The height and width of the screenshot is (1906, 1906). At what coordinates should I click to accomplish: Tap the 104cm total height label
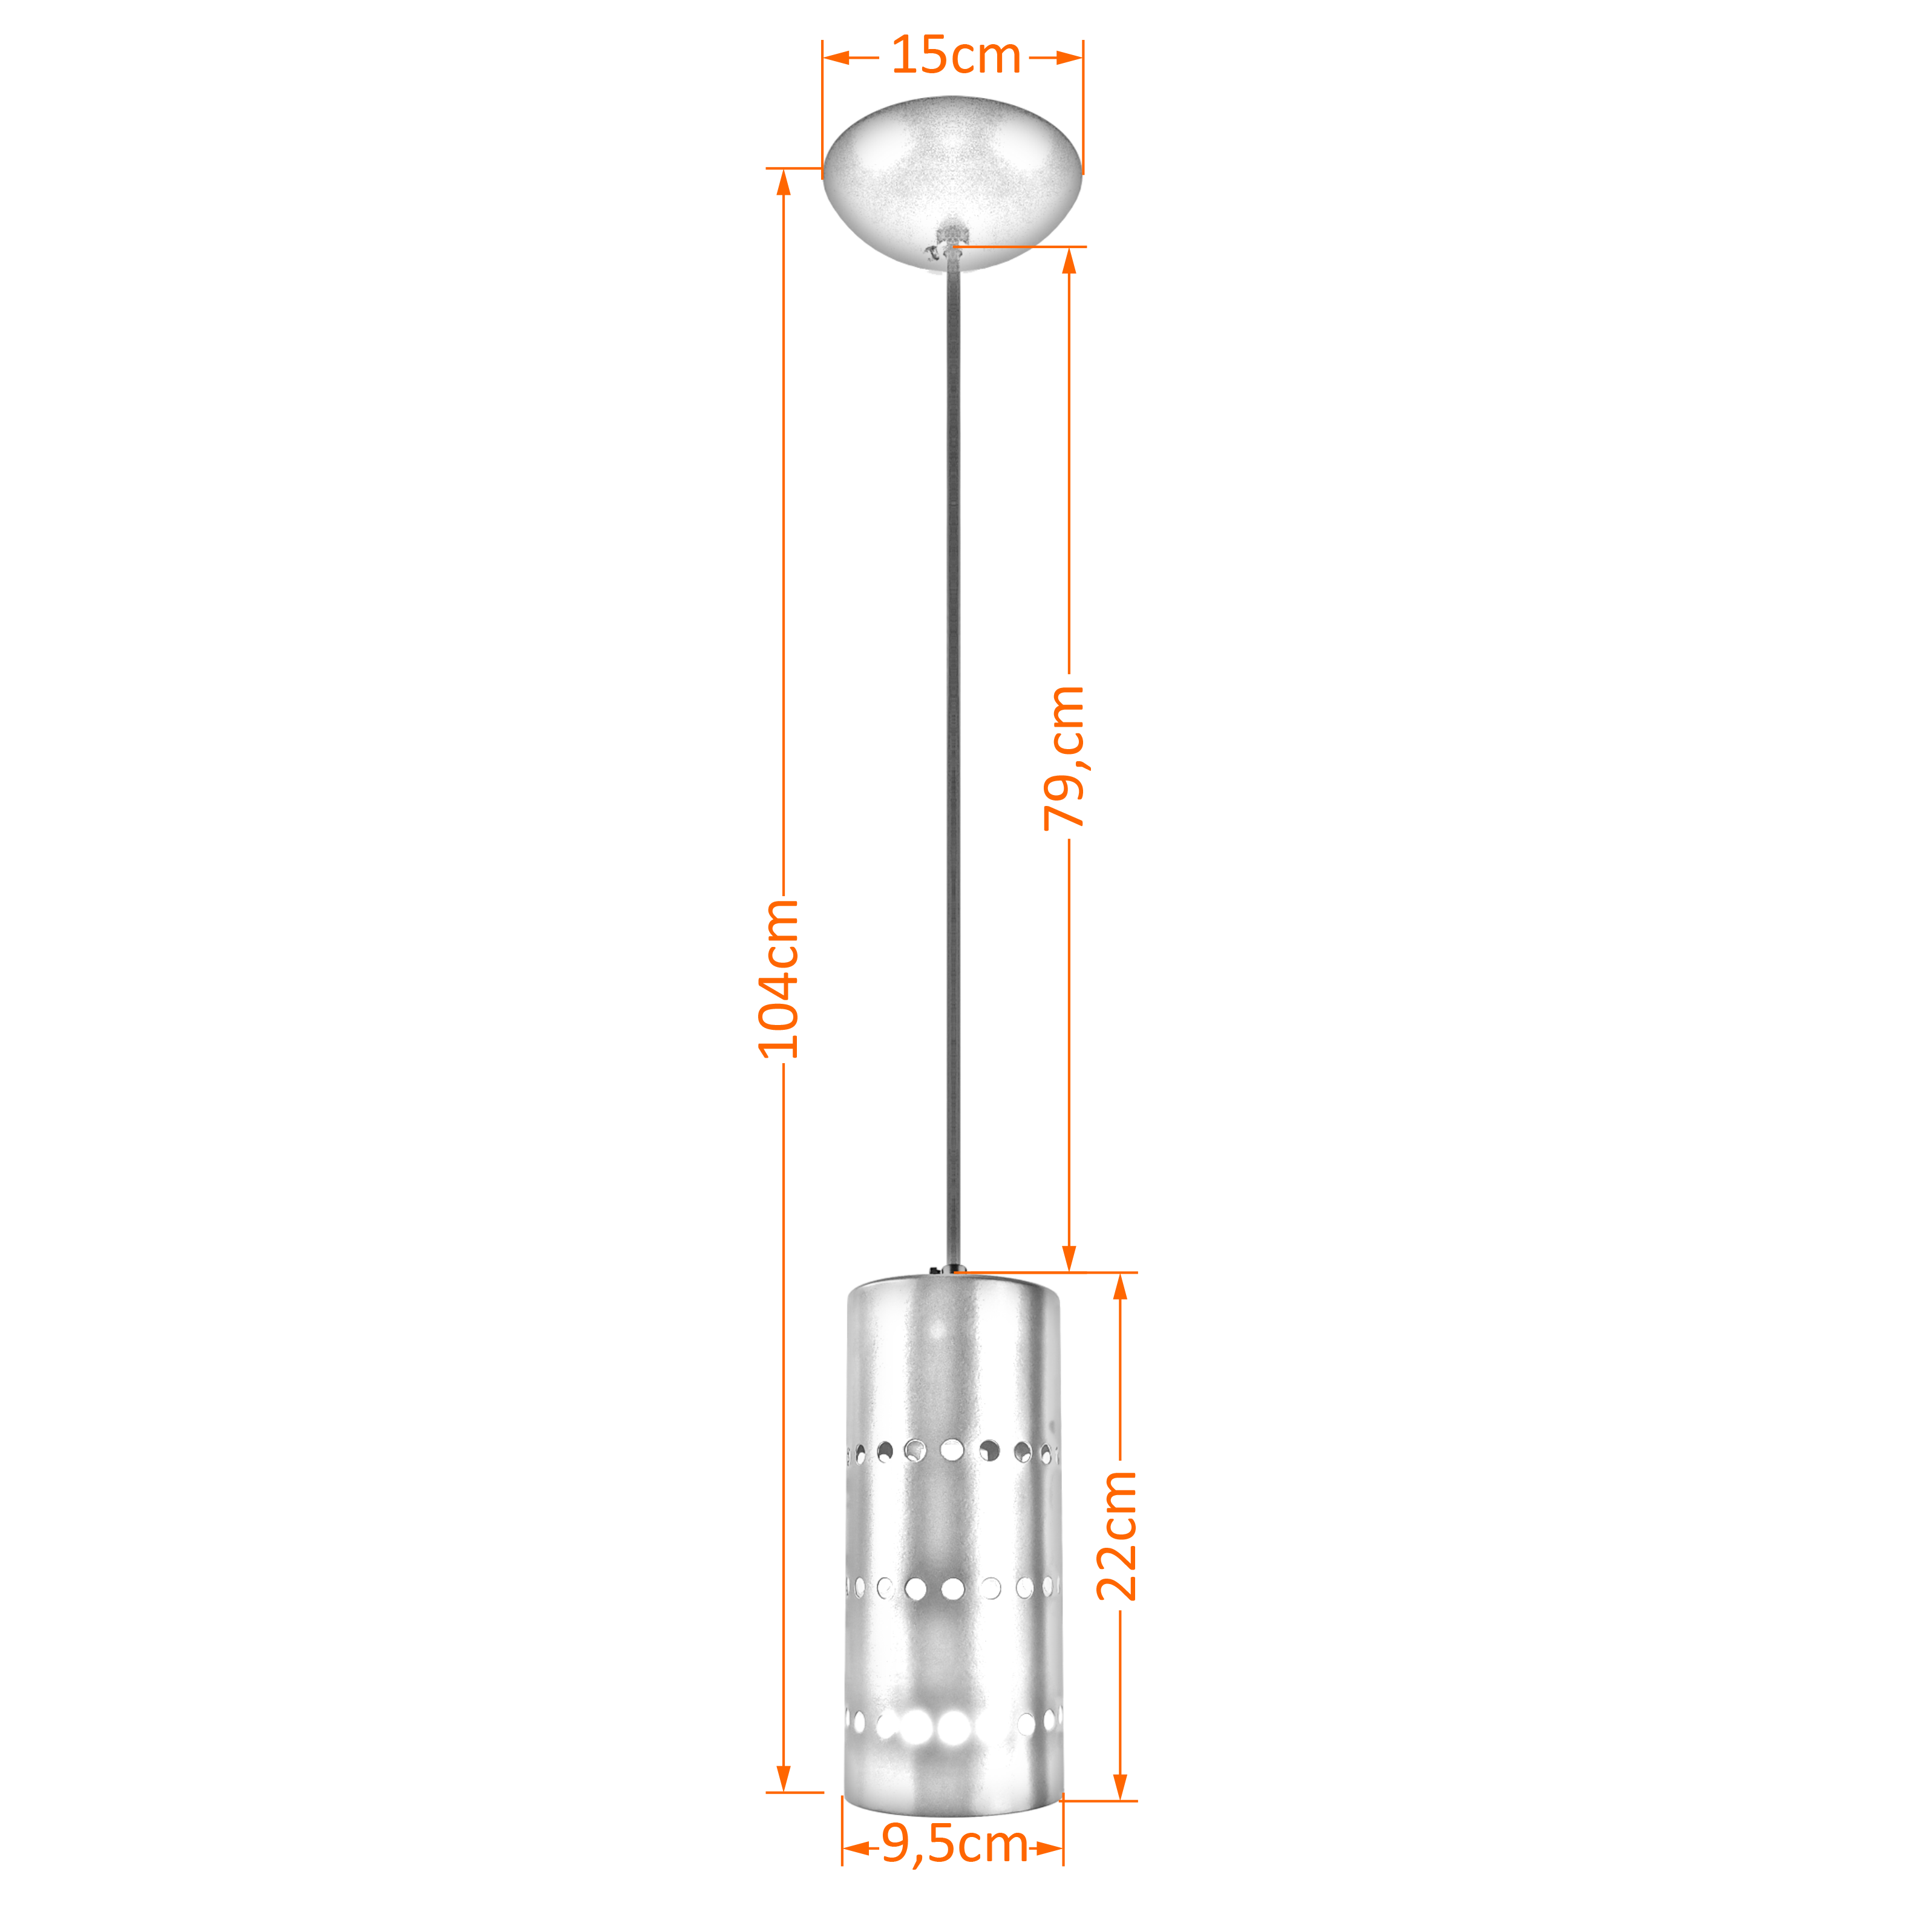coord(778,978)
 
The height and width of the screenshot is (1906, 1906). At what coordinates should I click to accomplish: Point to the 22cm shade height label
coord(1117,1535)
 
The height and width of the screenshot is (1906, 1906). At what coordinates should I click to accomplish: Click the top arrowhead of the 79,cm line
coord(1069,260)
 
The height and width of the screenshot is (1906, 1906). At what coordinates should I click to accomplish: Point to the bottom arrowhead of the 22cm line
coord(1120,1787)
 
